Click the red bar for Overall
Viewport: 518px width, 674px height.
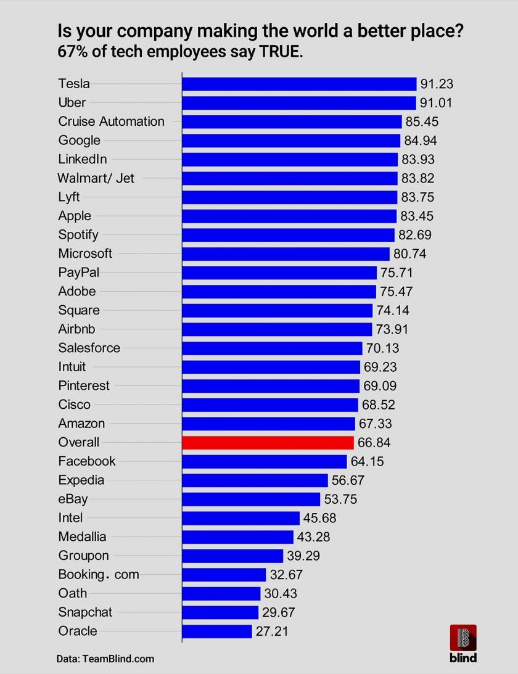(268, 442)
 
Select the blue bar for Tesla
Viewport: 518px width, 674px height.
(299, 84)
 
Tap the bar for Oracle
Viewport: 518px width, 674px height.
(217, 631)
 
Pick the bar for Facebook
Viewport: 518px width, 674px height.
(265, 461)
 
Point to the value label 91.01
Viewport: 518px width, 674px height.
(437, 102)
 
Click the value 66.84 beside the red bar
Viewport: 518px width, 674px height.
(374, 442)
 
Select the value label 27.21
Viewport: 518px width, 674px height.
(272, 631)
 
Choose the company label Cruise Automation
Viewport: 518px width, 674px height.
(112, 121)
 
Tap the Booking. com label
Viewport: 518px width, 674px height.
(99, 575)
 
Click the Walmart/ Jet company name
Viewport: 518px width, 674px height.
(96, 178)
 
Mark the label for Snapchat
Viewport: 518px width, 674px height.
(85, 612)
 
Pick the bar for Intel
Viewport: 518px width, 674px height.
(240, 518)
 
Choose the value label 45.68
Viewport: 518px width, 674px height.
(319, 518)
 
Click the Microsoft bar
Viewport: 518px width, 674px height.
(286, 253)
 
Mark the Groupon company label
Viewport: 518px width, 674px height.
(83, 556)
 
